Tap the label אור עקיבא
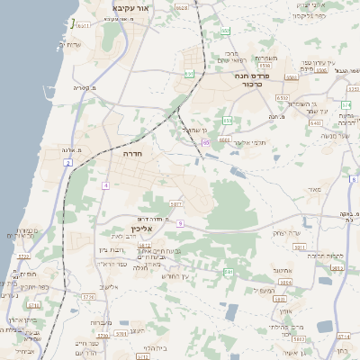tap(131, 7)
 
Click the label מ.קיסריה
tap(81, 88)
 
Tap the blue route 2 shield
tap(67, 163)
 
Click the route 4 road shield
tap(105, 185)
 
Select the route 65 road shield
tap(206, 142)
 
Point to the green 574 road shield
tap(346, 104)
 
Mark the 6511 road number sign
tap(83, 25)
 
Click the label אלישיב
tap(107, 287)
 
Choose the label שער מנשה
tap(333, 136)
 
